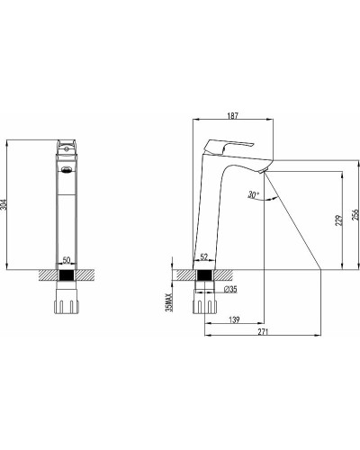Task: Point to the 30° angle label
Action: click(254, 193)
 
